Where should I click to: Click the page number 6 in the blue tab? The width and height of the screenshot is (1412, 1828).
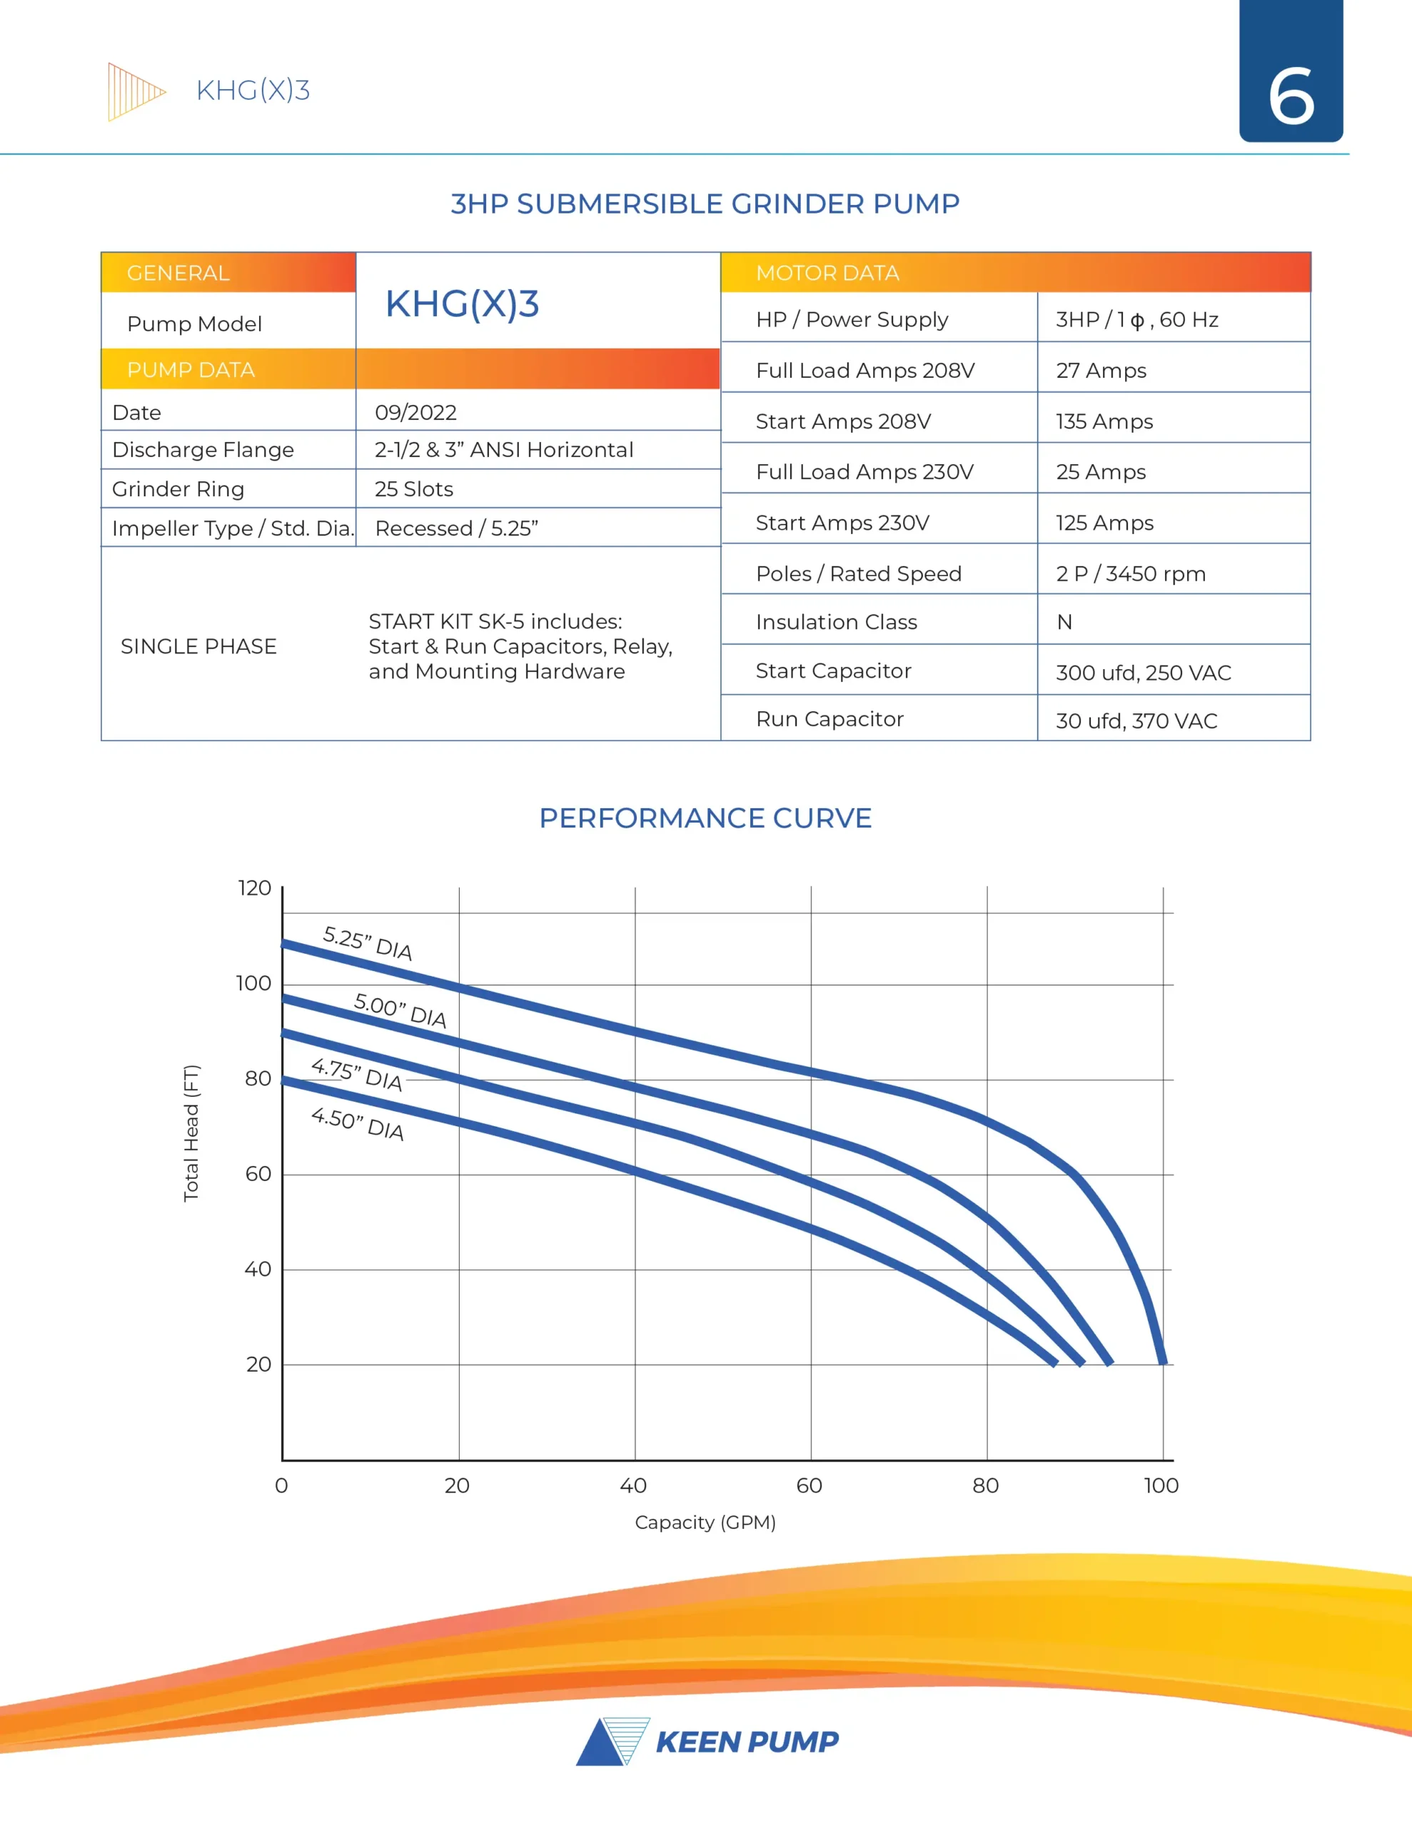1291,96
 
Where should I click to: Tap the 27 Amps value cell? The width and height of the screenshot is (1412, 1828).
1101,371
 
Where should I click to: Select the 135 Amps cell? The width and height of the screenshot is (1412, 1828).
1104,422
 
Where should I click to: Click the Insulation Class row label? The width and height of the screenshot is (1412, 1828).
836,622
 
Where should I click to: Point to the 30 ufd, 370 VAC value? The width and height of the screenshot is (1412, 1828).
1136,720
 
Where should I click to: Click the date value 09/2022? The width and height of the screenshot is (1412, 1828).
415,413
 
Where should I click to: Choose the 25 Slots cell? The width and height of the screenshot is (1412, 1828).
413,489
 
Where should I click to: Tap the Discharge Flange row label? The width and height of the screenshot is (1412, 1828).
203,451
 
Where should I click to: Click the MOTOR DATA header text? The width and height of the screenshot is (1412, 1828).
827,273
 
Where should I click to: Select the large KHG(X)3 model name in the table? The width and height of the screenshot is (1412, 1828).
462,303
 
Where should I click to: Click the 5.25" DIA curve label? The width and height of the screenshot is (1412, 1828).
368,943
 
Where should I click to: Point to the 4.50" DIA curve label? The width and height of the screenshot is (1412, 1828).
358,1123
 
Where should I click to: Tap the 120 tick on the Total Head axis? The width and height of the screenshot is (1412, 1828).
254,888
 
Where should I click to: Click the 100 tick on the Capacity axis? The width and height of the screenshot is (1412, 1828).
1161,1486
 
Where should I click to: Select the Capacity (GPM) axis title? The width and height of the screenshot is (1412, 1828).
705,1522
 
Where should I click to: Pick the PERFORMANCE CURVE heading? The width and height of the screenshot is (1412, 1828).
705,818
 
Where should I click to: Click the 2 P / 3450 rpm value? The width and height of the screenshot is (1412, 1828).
1130,574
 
